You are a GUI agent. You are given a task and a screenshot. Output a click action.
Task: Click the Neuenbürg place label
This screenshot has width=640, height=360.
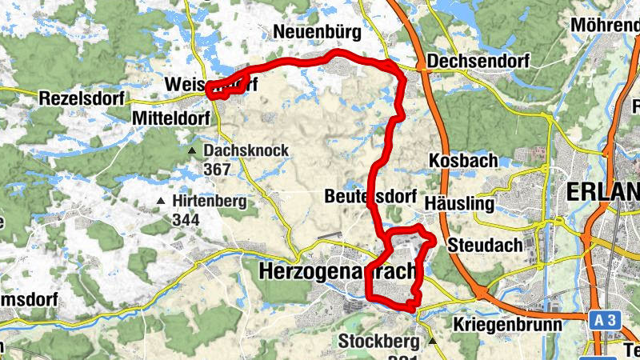pos(317,32)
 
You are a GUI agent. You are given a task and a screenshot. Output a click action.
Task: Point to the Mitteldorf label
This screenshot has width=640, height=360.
pos(170,118)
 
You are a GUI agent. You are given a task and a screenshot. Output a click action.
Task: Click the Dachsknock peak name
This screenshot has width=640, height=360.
pos(246,150)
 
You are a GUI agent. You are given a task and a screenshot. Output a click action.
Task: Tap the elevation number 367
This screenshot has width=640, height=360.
pos(217,169)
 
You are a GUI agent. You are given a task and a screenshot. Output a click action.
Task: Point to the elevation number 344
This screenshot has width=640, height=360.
pos(186,218)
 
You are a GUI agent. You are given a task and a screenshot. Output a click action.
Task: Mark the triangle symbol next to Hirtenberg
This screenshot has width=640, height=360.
pos(162,202)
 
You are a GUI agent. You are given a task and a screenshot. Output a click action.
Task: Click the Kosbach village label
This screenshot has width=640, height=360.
pos(459,160)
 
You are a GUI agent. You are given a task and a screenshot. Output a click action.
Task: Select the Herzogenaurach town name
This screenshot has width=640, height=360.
pos(339,271)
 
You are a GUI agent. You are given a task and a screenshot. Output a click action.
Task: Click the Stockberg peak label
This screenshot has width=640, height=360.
pos(379,342)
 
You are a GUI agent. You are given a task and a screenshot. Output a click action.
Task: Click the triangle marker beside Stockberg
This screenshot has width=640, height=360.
pos(433,342)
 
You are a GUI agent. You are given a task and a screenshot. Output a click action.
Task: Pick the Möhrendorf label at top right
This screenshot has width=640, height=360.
pos(605,25)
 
